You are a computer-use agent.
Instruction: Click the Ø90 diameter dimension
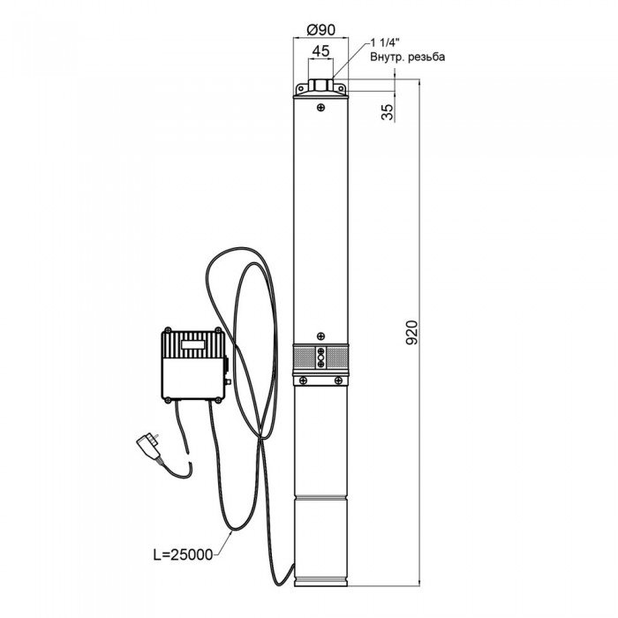pyautogui.click(x=320, y=29)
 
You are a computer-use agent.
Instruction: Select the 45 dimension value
pyautogui.click(x=320, y=51)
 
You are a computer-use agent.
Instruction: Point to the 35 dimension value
pyautogui.click(x=388, y=112)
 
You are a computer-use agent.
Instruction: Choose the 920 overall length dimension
pyautogui.click(x=411, y=333)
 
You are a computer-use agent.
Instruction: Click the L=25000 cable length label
pyautogui.click(x=183, y=554)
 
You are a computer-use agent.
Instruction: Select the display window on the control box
pyautogui.click(x=192, y=344)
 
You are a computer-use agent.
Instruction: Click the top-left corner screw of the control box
pyautogui.click(x=168, y=330)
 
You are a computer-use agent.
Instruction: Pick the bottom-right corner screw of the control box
pyautogui.click(x=217, y=400)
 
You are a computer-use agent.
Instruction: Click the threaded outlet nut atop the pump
pyautogui.click(x=320, y=86)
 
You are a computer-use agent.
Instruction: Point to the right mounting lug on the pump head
pyautogui.click(x=340, y=88)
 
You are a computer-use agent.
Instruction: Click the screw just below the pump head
pyautogui.click(x=321, y=107)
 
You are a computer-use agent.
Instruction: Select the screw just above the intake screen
pyautogui.click(x=321, y=335)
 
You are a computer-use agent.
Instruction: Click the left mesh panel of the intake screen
pyautogui.click(x=304, y=358)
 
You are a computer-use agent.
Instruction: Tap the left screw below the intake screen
pyautogui.click(x=303, y=381)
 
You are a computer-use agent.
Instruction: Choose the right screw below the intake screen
pyautogui.click(x=338, y=381)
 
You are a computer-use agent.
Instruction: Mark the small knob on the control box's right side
pyautogui.click(x=227, y=381)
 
